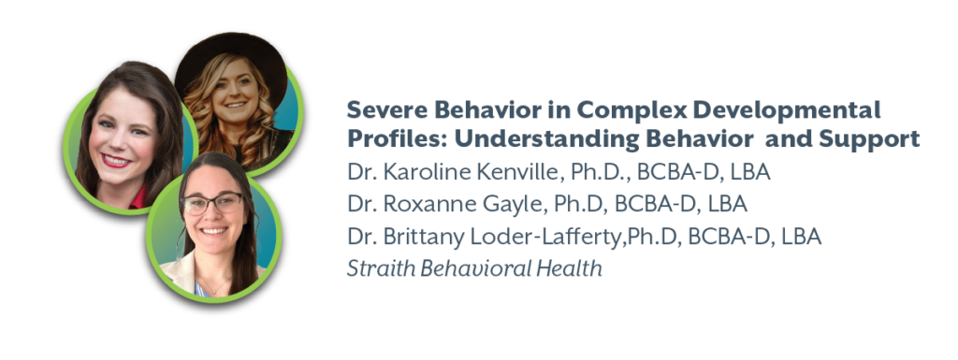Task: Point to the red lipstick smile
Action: [x=115, y=161]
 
